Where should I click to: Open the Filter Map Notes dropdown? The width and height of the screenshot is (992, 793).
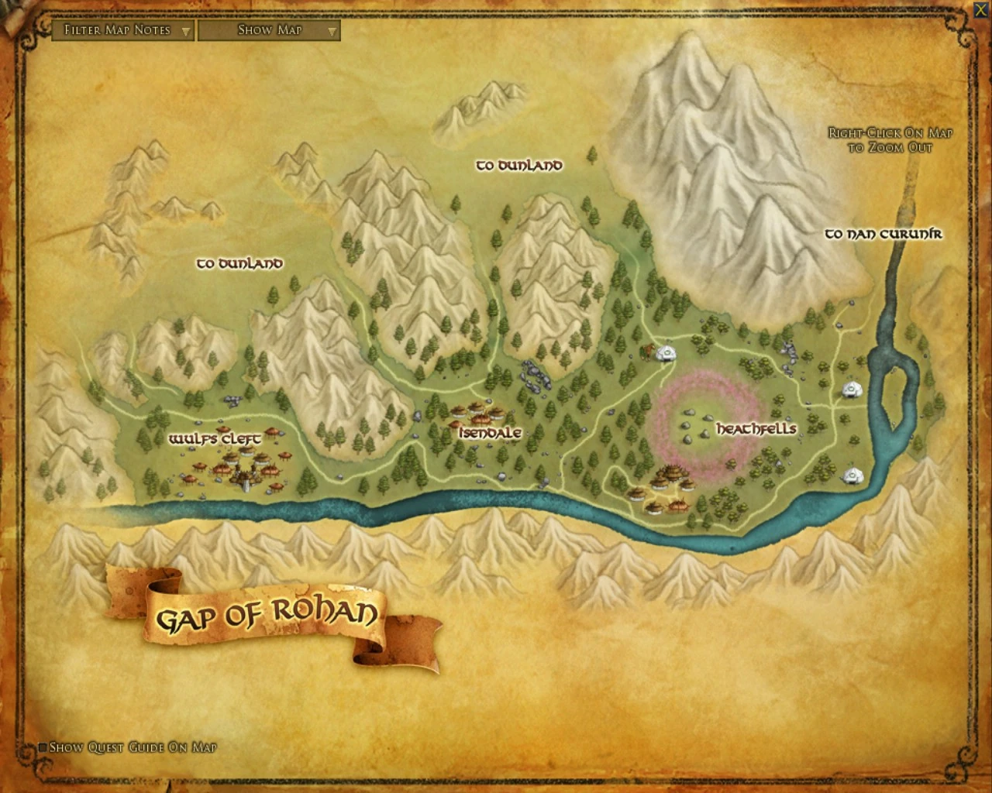pyautogui.click(x=122, y=30)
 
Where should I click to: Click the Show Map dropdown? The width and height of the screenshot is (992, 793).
pyautogui.click(x=269, y=30)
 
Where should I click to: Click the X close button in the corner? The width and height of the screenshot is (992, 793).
pyautogui.click(x=980, y=10)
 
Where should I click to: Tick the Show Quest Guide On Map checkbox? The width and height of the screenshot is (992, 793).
pyautogui.click(x=43, y=747)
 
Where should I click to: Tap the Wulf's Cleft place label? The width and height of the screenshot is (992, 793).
pyautogui.click(x=215, y=439)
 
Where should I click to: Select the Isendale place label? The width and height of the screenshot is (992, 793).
pyautogui.click(x=489, y=433)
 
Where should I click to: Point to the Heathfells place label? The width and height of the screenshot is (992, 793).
pyautogui.click(x=756, y=428)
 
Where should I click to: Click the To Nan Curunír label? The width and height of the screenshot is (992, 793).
pyautogui.click(x=883, y=233)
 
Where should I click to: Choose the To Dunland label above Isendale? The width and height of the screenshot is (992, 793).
pyautogui.click(x=518, y=165)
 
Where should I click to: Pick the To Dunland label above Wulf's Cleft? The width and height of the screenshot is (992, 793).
pyautogui.click(x=239, y=263)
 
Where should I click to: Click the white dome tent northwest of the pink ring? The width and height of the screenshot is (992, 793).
pyautogui.click(x=663, y=354)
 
